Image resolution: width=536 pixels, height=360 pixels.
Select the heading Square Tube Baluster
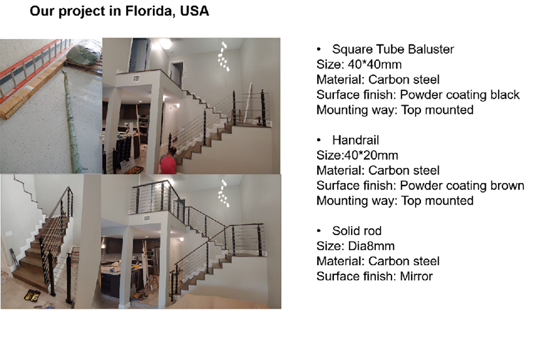pos(393,49)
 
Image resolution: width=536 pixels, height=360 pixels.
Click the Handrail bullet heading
pos(356,140)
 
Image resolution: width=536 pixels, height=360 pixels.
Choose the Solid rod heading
pos(356,231)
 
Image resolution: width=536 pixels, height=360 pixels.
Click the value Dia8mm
pos(371,246)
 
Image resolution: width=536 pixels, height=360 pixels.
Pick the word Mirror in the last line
pos(416,276)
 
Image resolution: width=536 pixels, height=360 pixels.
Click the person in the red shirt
pos(168,161)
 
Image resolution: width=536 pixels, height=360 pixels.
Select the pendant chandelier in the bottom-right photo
pos(224,193)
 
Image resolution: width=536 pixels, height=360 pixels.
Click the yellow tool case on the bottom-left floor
pos(32,295)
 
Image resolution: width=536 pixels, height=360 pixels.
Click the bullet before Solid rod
pos(318,231)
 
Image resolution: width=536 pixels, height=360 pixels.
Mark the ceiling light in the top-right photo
pos(165,43)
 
